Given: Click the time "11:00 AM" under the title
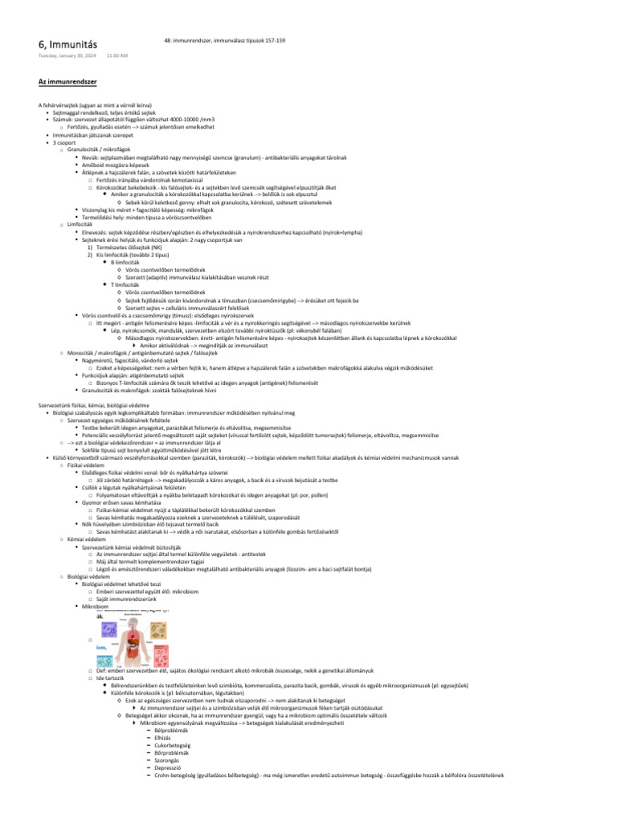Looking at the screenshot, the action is click(x=117, y=56).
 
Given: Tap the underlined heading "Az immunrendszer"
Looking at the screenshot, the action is click(x=67, y=82).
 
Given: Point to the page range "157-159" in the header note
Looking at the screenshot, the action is click(x=273, y=39).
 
